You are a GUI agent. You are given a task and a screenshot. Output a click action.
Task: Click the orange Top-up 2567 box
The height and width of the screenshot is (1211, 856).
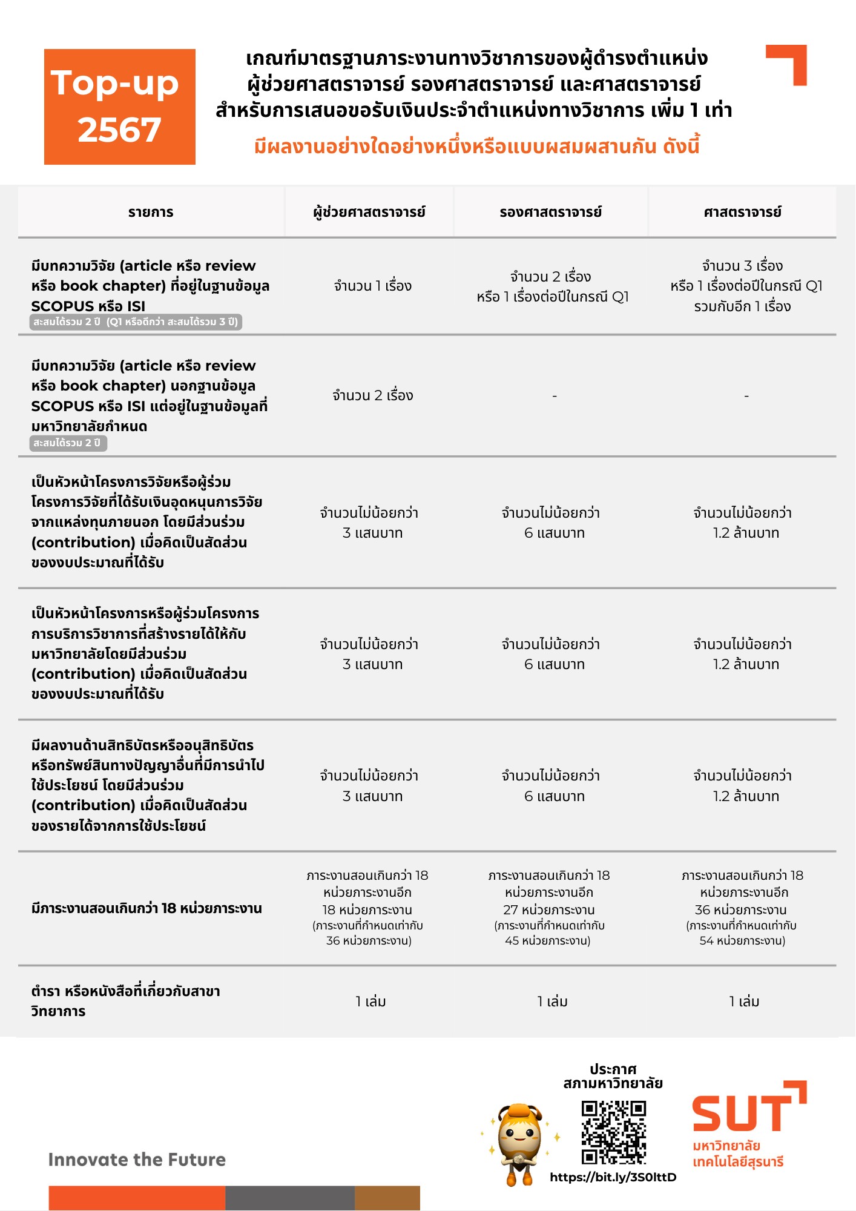120,107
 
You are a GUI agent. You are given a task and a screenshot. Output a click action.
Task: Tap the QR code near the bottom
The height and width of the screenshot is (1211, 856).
613,1132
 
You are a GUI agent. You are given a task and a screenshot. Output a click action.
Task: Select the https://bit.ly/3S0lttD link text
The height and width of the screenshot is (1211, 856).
613,1177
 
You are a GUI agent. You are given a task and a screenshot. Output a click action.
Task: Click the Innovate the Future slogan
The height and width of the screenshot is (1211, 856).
137,1160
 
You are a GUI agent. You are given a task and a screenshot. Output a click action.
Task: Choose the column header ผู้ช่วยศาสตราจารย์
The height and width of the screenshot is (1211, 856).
369,212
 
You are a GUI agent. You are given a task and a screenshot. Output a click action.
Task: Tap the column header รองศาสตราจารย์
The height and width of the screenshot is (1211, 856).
551,212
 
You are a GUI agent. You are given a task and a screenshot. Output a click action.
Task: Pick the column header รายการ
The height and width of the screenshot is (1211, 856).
151,212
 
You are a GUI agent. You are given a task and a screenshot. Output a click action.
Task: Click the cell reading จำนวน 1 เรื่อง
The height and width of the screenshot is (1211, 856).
372,286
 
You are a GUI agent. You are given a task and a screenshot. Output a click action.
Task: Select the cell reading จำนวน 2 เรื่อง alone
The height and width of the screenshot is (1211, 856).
372,395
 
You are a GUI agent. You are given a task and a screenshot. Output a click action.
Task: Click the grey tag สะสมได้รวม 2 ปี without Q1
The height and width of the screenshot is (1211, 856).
68,443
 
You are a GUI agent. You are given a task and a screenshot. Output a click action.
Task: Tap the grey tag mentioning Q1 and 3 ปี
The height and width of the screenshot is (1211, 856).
136,322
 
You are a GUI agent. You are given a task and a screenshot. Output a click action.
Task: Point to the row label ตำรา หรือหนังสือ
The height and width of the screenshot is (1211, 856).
125,1001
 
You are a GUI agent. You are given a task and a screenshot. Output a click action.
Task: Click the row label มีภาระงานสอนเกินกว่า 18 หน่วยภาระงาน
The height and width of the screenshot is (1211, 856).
147,908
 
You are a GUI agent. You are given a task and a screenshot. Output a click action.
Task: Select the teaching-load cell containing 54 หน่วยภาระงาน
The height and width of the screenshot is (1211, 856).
742,908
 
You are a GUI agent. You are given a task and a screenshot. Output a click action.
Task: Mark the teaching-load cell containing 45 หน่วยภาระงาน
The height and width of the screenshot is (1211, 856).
549,908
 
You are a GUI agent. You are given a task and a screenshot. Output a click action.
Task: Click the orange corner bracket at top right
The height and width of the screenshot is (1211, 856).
787,64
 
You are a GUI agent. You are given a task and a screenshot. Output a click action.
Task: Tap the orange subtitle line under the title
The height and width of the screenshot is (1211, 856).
476,147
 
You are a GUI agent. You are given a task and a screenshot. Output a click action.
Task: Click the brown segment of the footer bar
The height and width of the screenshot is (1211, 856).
387,1198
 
